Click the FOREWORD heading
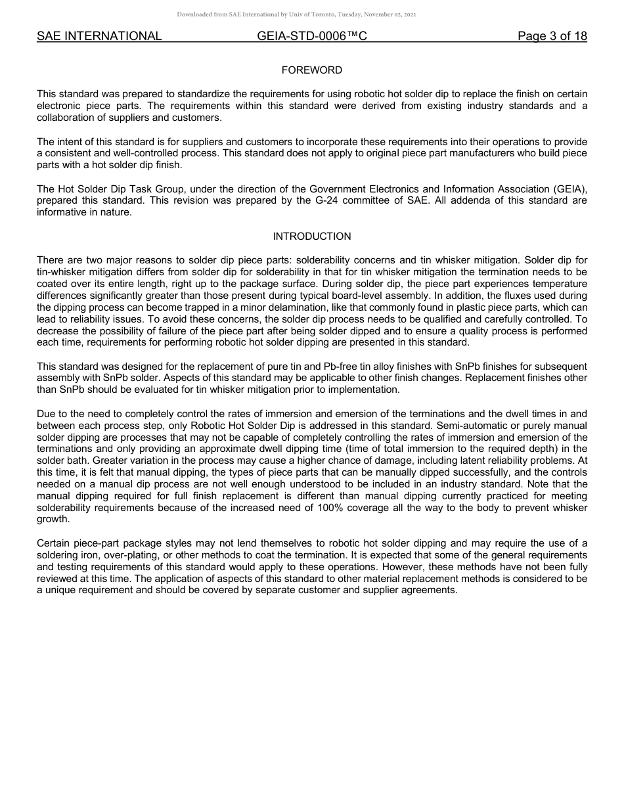pos(311,70)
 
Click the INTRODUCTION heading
pos(311,236)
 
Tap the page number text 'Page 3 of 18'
pos(552,36)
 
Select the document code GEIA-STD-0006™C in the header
pos(312,36)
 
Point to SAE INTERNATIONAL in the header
pos(99,36)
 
